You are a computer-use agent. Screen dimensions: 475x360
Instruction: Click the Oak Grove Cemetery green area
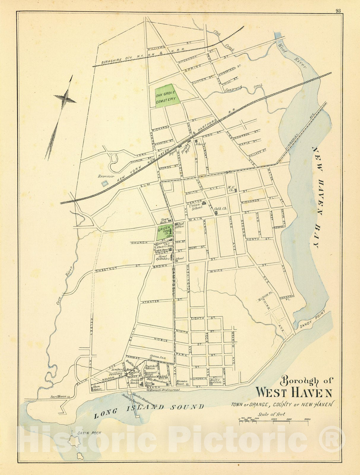coord(167,96)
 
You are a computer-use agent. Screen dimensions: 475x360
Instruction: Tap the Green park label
coord(163,229)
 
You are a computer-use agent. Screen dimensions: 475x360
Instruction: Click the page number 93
coord(338,11)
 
